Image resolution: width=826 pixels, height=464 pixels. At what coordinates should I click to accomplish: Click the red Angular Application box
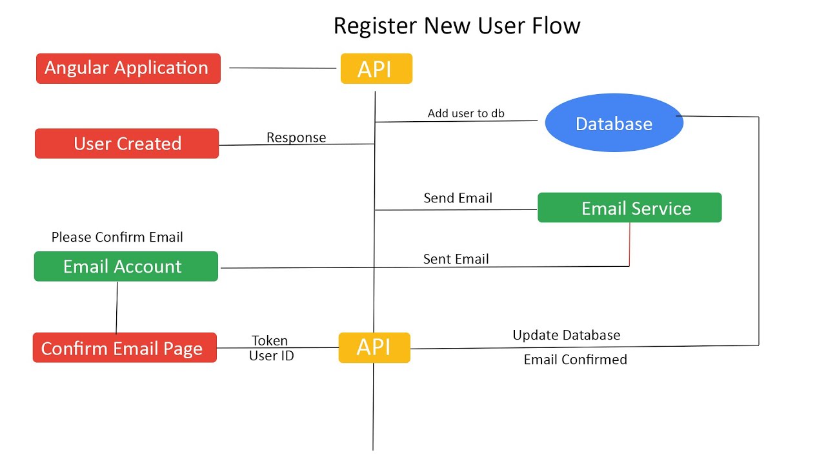pyautogui.click(x=128, y=68)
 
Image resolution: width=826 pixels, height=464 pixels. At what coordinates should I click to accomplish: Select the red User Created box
pyautogui.click(x=126, y=143)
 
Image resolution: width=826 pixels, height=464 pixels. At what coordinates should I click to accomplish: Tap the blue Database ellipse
pyautogui.click(x=614, y=123)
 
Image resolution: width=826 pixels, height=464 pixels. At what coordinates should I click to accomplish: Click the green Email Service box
pyautogui.click(x=629, y=208)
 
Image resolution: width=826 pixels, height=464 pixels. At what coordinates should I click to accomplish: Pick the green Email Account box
pyautogui.click(x=126, y=266)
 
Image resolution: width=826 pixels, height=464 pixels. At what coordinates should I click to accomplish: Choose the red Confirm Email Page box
pyautogui.click(x=125, y=348)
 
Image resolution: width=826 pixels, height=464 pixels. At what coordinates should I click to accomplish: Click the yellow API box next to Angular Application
pyautogui.click(x=376, y=69)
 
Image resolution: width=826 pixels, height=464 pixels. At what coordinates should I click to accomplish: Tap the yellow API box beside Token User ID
pyautogui.click(x=374, y=347)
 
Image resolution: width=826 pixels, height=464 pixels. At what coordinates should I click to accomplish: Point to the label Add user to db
pyautogui.click(x=466, y=113)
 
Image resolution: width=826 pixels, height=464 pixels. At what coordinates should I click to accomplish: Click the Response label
pyautogui.click(x=296, y=137)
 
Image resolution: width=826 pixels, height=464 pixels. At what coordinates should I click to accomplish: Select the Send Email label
pyautogui.click(x=458, y=198)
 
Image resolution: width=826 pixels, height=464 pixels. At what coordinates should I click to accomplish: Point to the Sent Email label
pyautogui.click(x=456, y=259)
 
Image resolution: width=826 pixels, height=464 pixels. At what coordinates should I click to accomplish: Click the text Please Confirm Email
pyautogui.click(x=117, y=237)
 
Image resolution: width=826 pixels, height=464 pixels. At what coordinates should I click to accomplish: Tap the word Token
pyautogui.click(x=270, y=341)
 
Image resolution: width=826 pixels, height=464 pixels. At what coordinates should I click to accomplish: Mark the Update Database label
pyautogui.click(x=566, y=335)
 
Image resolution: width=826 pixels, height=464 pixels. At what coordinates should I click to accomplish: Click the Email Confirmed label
pyautogui.click(x=575, y=360)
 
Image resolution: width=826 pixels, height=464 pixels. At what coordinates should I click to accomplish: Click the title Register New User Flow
pyautogui.click(x=456, y=26)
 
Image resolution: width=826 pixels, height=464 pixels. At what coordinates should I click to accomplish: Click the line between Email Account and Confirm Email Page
pyautogui.click(x=117, y=307)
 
